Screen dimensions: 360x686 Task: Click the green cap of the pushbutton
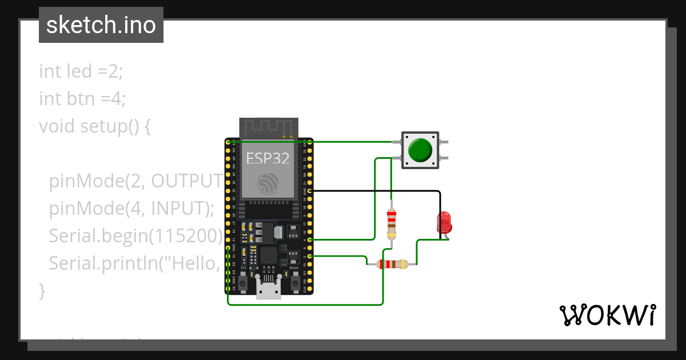pyautogui.click(x=421, y=149)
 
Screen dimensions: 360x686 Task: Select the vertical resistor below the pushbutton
pyautogui.click(x=392, y=224)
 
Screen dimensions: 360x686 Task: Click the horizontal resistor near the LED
pyautogui.click(x=392, y=264)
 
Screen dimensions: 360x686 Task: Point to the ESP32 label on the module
pyautogui.click(x=268, y=158)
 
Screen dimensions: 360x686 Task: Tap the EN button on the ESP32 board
pyautogui.click(x=243, y=282)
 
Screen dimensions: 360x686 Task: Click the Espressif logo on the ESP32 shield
pyautogui.click(x=268, y=183)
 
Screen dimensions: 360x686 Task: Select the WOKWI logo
pyautogui.click(x=607, y=315)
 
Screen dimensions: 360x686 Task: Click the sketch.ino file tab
pyautogui.click(x=101, y=25)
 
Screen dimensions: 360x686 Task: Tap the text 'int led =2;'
pyautogui.click(x=81, y=71)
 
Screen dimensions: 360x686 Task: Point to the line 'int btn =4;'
pyautogui.click(x=82, y=99)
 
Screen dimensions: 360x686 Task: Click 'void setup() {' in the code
pyautogui.click(x=95, y=126)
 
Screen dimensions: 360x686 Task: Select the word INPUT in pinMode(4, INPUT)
pyautogui.click(x=176, y=209)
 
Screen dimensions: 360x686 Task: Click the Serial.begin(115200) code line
pyautogui.click(x=135, y=235)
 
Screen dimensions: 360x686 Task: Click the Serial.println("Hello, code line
pyautogui.click(x=135, y=263)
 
